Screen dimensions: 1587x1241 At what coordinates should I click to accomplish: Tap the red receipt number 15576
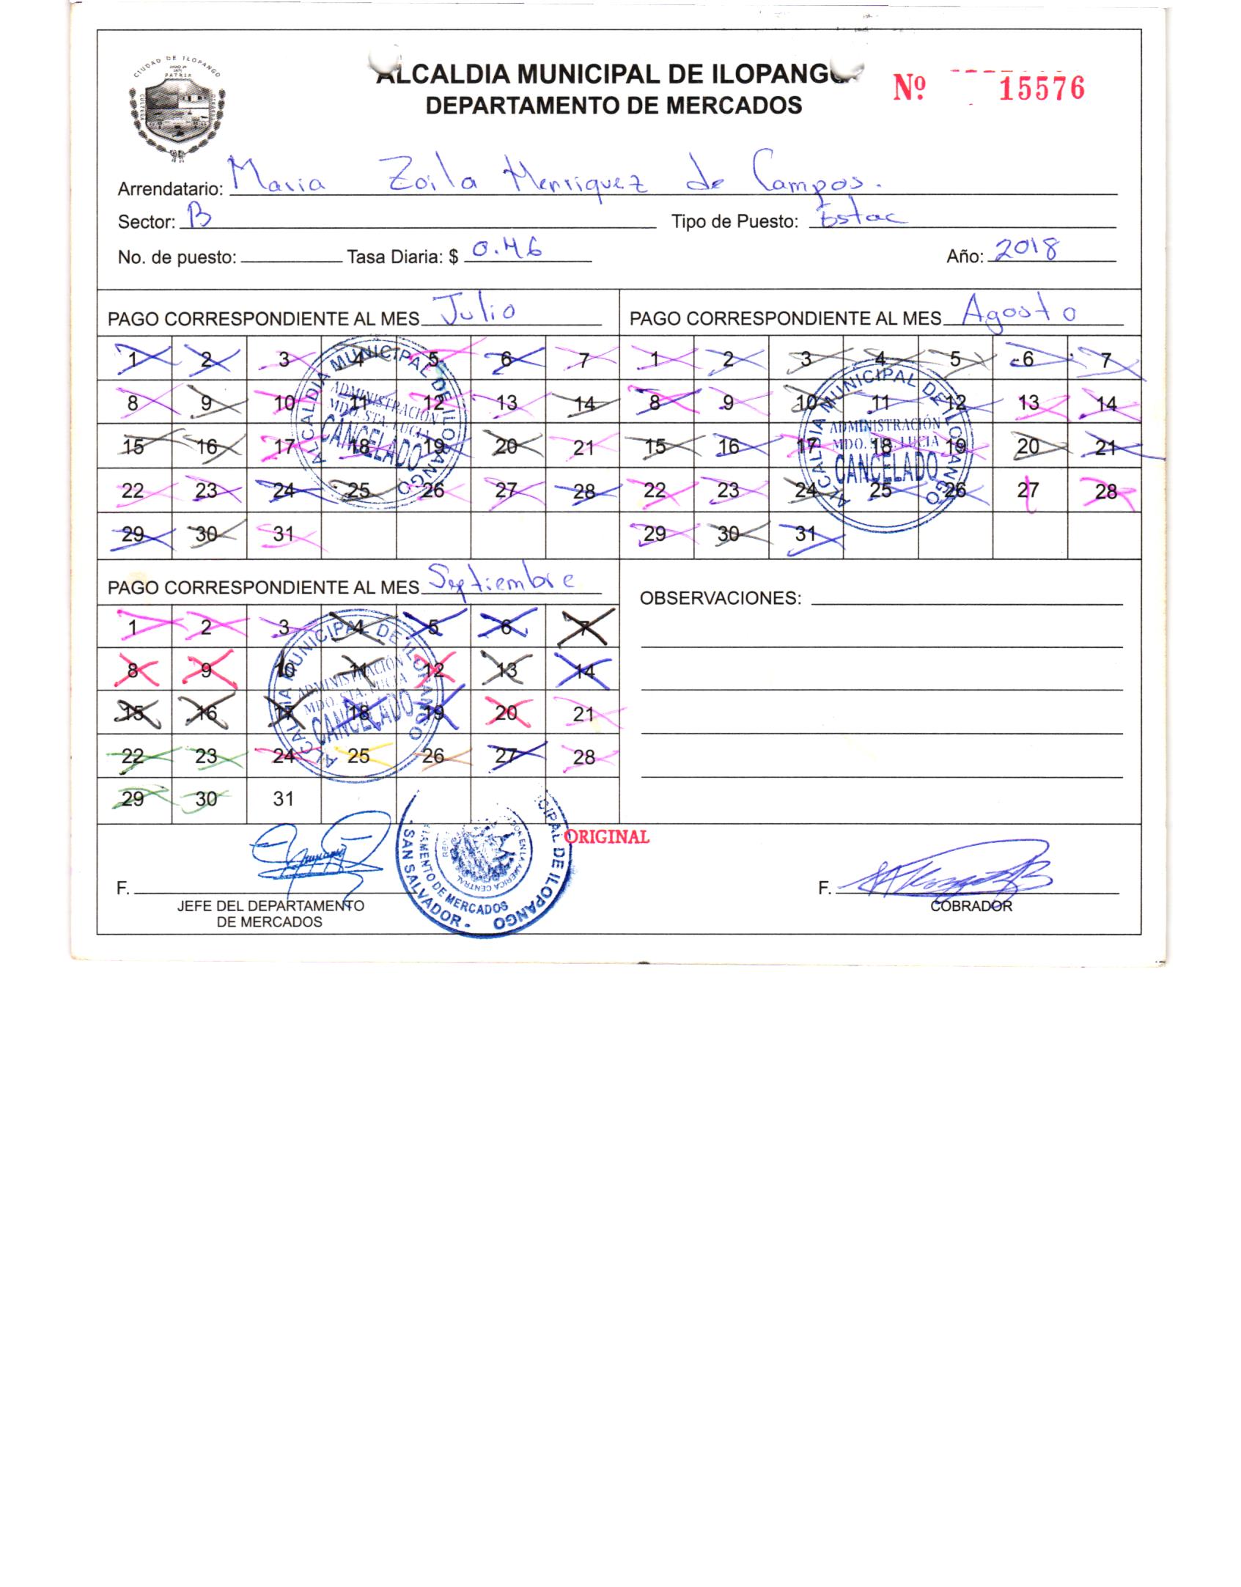tap(1041, 89)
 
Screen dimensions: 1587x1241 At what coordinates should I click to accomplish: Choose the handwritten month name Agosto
tap(1020, 311)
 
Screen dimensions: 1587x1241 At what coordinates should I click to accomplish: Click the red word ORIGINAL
tap(608, 837)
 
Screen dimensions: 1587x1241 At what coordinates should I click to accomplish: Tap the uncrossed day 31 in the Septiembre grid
tap(284, 799)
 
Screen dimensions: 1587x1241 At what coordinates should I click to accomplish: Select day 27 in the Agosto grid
tap(1028, 490)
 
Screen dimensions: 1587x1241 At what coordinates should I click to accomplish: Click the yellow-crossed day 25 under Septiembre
tap(358, 756)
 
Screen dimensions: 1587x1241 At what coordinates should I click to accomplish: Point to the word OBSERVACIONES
tap(721, 598)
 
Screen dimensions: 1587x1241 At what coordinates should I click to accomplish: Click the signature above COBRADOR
tap(952, 877)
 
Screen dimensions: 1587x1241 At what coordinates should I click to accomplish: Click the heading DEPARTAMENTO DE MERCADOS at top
tap(614, 106)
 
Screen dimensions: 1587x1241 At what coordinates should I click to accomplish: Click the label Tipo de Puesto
tap(734, 221)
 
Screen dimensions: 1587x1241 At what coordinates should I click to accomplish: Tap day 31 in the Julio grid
tap(284, 534)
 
